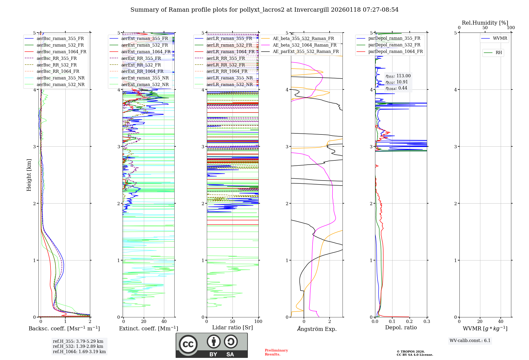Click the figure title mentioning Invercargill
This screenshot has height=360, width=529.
tap(264, 10)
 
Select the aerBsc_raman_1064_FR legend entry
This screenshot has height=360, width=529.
tap(61, 52)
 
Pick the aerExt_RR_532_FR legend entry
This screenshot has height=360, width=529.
tap(141, 65)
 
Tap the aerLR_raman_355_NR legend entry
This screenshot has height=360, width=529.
tap(229, 78)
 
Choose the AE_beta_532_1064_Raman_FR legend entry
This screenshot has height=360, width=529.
tap(304, 45)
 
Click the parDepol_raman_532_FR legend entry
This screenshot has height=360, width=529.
tap(394, 45)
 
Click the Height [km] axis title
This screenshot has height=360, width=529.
tap(29, 175)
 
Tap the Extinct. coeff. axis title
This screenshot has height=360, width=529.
tap(148, 328)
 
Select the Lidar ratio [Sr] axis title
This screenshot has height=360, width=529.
tap(232, 327)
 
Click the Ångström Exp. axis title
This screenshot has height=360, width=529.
tap(317, 329)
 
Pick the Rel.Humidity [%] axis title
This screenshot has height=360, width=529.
tap(485, 23)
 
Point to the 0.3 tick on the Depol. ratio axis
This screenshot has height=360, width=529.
tap(427, 322)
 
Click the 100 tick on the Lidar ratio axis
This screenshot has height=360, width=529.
tap(258, 322)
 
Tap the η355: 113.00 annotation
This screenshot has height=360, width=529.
tap(398, 76)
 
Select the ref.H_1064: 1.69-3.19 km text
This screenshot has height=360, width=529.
tap(79, 352)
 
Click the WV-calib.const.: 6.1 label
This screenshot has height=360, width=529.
tap(470, 341)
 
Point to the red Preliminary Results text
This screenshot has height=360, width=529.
tap(276, 352)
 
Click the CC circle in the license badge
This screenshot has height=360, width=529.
tap(188, 344)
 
